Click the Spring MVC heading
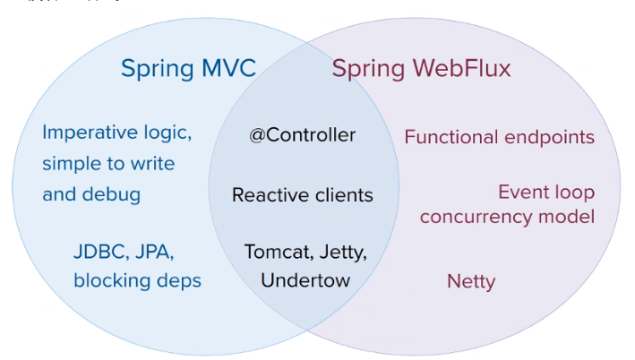pos(188,69)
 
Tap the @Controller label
pos(303,135)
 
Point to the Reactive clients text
pos(303,194)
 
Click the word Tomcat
pos(274,252)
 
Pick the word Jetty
pos(341,252)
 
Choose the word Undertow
pos(305,280)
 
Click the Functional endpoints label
pos(499,137)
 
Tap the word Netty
pos(471,281)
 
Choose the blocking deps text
pos(137,280)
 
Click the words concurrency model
pos(507,217)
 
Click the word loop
pos(573,193)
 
